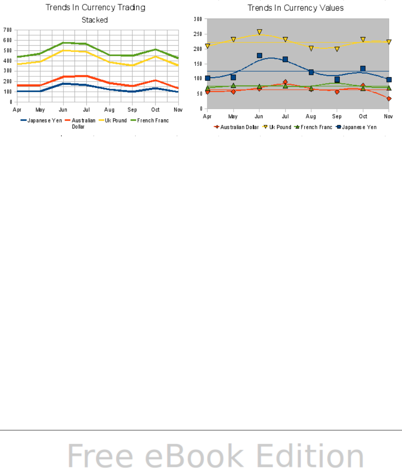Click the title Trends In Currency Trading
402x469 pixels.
pos(95,7)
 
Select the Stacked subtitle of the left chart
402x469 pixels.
pos(95,20)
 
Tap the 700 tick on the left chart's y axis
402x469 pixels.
pos(7,30)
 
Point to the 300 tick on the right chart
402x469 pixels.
pos(198,19)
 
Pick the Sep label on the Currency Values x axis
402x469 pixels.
pos(337,116)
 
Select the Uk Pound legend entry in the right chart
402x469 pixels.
pos(280,127)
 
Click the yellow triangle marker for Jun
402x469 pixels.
pos(259,32)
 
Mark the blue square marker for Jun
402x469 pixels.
pos(259,56)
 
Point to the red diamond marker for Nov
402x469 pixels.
pos(389,99)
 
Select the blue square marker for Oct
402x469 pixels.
pos(363,69)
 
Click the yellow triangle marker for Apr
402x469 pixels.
pos(208,46)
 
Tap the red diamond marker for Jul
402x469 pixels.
pos(285,82)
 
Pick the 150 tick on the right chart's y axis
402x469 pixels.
pos(198,63)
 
